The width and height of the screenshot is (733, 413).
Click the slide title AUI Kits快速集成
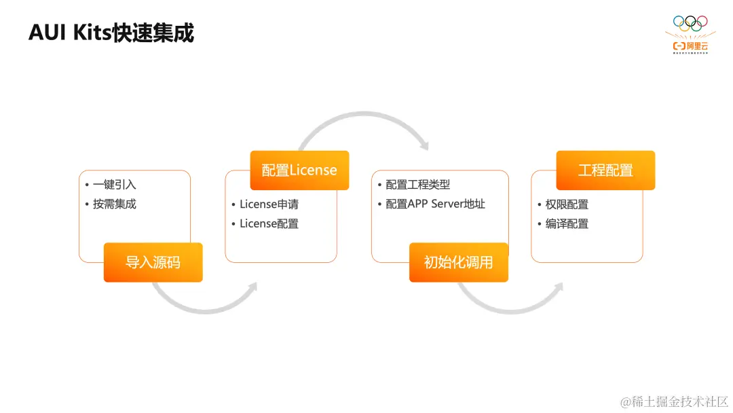click(x=111, y=32)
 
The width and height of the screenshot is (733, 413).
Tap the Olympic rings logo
click(x=690, y=23)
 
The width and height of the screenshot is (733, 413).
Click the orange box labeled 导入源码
click(x=153, y=262)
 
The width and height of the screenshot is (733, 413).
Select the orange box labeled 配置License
click(x=299, y=170)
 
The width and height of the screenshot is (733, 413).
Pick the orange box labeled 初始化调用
click(x=458, y=262)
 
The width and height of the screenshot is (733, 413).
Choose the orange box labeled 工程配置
click(x=605, y=170)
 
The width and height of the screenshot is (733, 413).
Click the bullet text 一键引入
click(x=115, y=185)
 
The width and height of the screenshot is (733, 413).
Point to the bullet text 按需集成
click(x=115, y=204)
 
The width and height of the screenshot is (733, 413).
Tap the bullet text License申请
click(x=269, y=204)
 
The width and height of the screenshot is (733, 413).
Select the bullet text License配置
click(x=269, y=223)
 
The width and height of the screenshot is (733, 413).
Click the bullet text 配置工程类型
click(x=417, y=185)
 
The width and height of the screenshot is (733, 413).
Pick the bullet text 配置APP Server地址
click(x=435, y=204)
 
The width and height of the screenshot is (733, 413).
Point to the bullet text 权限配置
click(x=567, y=204)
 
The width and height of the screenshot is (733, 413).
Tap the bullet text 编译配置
click(x=567, y=223)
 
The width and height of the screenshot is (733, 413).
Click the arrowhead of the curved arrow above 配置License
click(x=424, y=145)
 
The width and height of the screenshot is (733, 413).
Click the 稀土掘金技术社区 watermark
click(x=675, y=401)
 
